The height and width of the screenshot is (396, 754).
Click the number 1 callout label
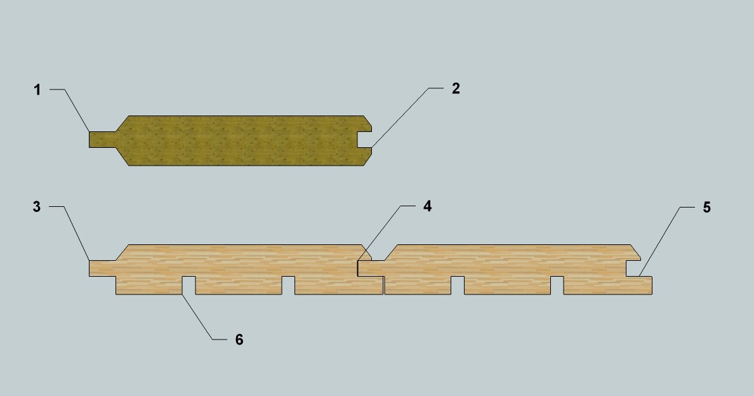click(x=37, y=90)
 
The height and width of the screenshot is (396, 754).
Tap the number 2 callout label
click(x=456, y=88)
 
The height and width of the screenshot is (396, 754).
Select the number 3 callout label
click(x=37, y=207)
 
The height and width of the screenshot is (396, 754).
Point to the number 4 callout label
click(x=428, y=206)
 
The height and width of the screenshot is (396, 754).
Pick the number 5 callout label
click(x=706, y=208)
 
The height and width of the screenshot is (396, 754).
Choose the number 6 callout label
click(x=239, y=340)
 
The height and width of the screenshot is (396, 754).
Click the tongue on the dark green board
click(x=102, y=140)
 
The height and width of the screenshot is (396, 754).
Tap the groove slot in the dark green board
click(x=364, y=140)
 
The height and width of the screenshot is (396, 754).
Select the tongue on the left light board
click(x=102, y=268)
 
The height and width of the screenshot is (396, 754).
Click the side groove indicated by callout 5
click(x=633, y=268)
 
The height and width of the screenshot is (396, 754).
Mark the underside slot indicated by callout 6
click(x=189, y=286)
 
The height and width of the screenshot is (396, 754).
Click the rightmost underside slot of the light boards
click(x=557, y=286)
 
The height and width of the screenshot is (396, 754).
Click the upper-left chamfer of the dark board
click(x=122, y=124)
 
